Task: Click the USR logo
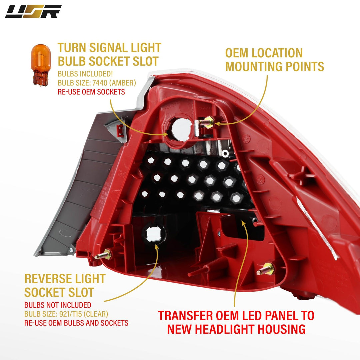point(33,11)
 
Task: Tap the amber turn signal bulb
point(41,65)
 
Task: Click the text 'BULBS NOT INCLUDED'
point(58,305)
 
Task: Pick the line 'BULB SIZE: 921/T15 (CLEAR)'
point(66,314)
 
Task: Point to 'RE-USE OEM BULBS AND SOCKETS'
point(76,323)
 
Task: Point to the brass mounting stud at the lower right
point(266,269)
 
